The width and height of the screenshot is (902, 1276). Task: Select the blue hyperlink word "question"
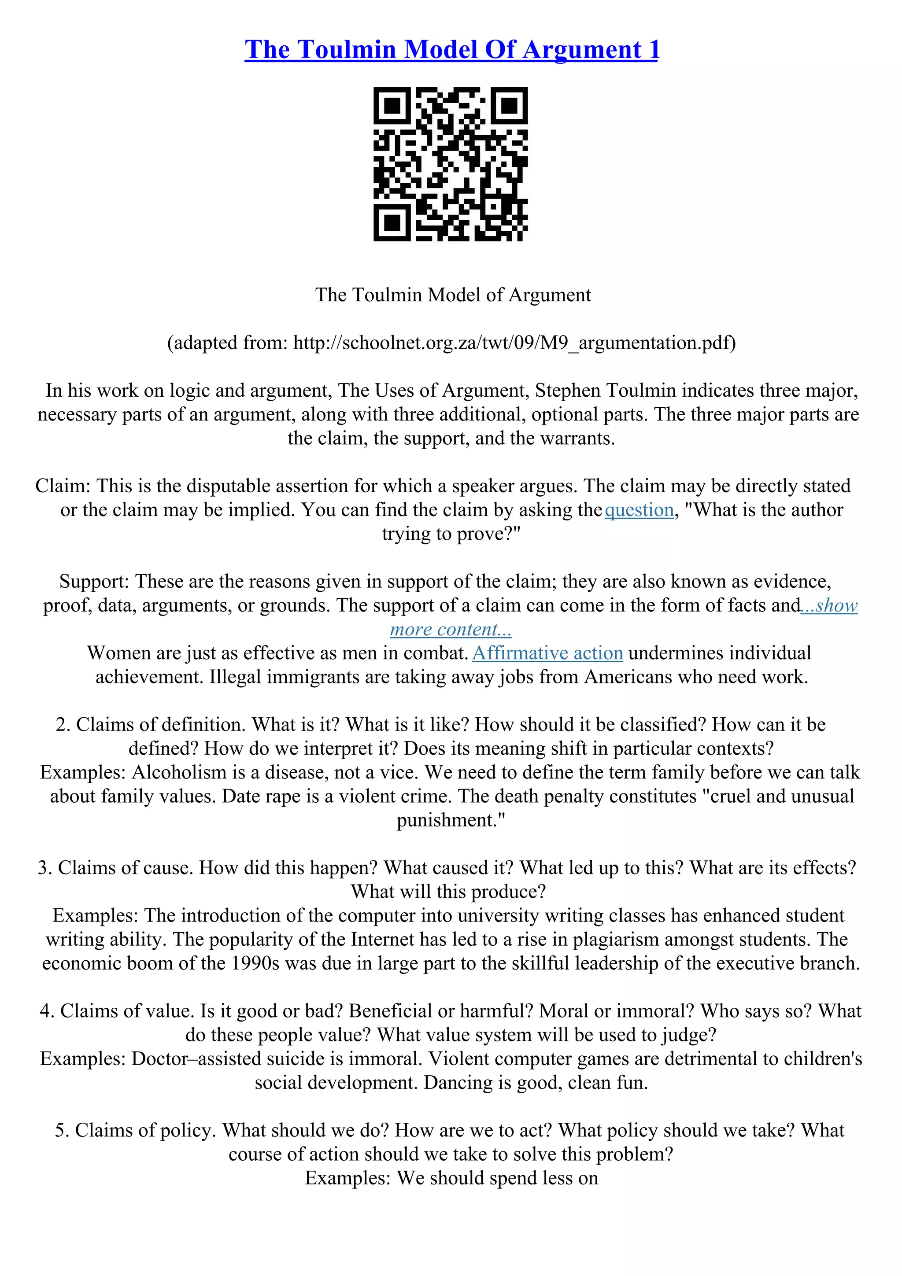tap(639, 509)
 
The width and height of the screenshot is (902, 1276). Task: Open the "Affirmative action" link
tap(547, 653)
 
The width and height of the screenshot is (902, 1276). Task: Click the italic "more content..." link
tap(451, 629)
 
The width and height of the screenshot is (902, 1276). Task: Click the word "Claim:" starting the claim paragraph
tap(63, 486)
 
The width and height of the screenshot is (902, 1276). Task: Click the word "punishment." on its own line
tap(451, 821)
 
